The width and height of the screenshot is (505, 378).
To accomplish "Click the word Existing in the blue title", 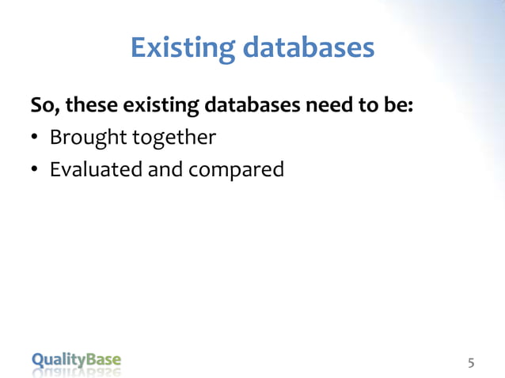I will coord(182,48).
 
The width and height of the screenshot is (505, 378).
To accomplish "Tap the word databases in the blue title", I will coord(308,48).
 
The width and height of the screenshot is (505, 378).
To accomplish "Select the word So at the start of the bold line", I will coord(41,105).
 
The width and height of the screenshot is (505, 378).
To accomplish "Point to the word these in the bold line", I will coord(85,105).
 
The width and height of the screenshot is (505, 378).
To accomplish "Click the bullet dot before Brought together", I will coord(35,139).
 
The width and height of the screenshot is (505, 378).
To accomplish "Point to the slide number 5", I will coord(471,363).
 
